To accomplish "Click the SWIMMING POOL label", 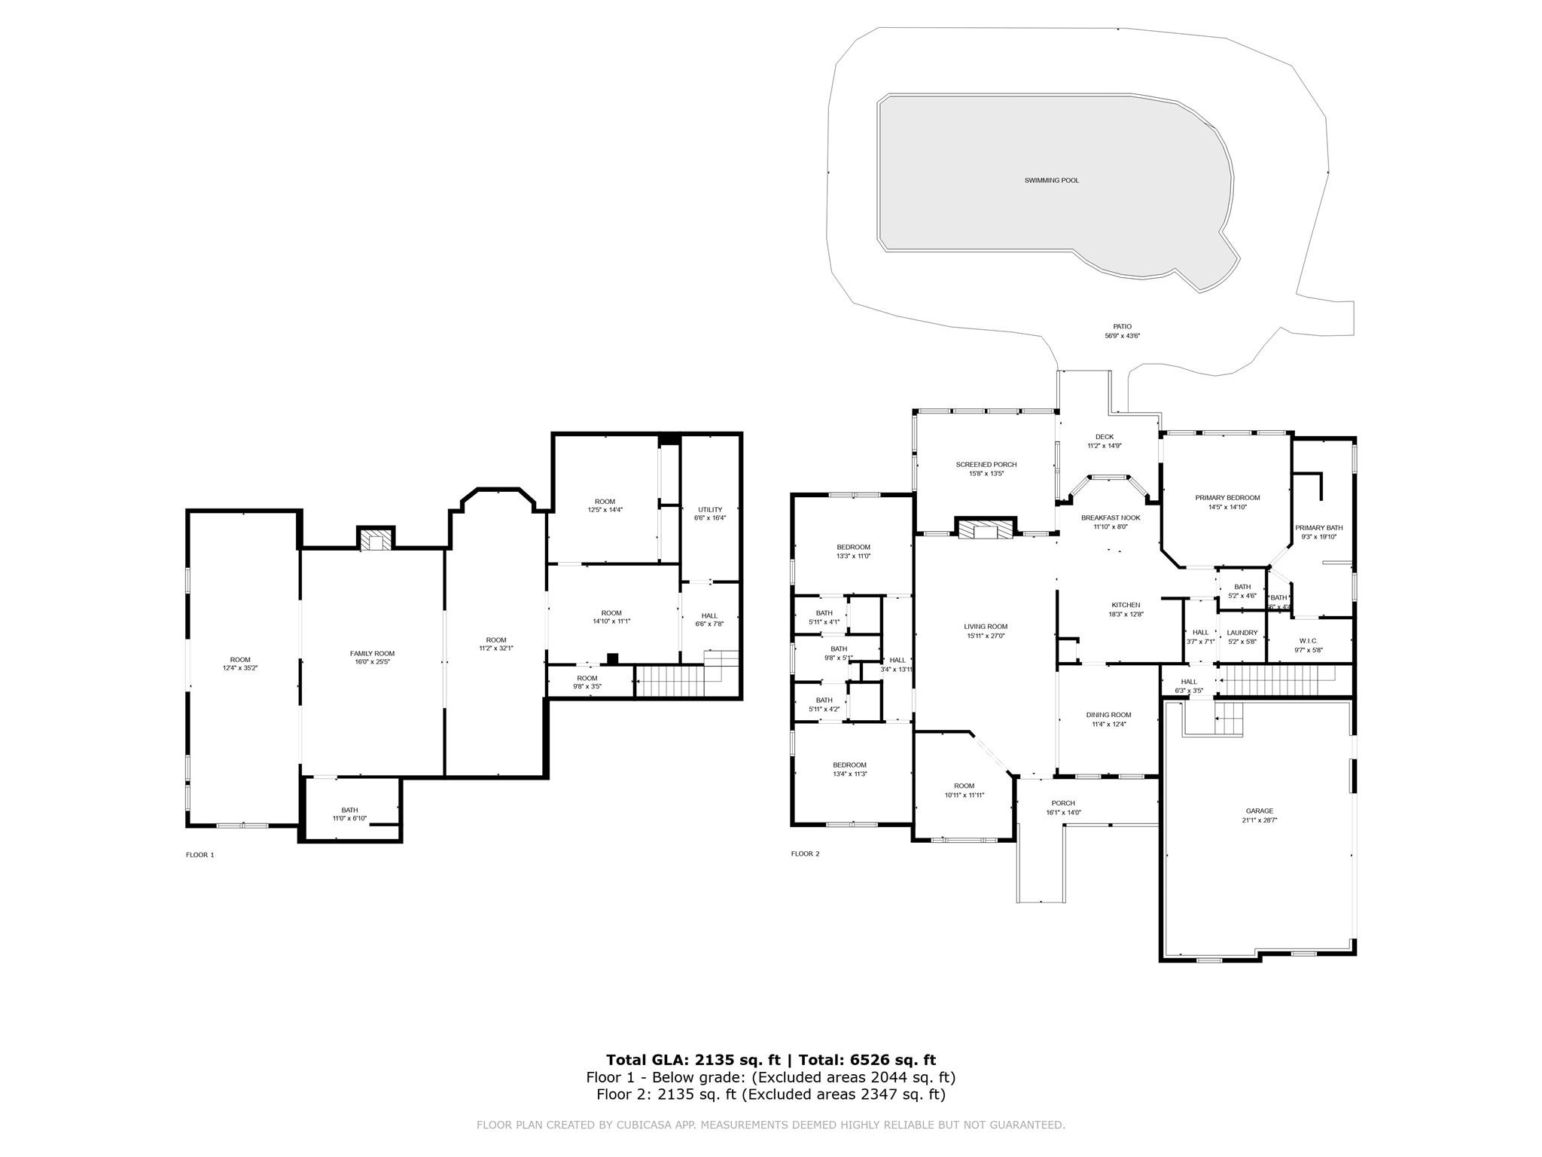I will click(x=1051, y=181).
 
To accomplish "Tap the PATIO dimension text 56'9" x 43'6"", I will click(x=1122, y=336).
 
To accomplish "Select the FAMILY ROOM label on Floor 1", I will click(x=372, y=653).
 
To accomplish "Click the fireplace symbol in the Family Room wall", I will click(x=375, y=540).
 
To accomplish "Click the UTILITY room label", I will click(x=709, y=510).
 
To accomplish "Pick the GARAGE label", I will click(x=1259, y=811).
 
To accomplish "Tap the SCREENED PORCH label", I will click(x=986, y=465).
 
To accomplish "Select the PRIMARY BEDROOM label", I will click(x=1227, y=498).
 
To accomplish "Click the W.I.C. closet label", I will click(x=1308, y=641).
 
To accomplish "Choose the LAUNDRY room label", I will click(x=1242, y=633).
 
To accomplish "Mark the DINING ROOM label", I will click(x=1108, y=715).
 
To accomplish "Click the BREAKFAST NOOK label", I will click(x=1111, y=517).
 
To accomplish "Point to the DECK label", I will click(x=1105, y=437).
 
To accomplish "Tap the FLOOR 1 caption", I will click(x=200, y=855).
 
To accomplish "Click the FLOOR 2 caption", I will click(x=805, y=853).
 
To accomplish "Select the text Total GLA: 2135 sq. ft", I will click(x=693, y=1061).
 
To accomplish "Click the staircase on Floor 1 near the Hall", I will click(x=670, y=681).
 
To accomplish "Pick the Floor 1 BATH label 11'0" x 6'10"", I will click(x=349, y=810).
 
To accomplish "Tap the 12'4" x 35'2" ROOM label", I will click(x=240, y=660).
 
